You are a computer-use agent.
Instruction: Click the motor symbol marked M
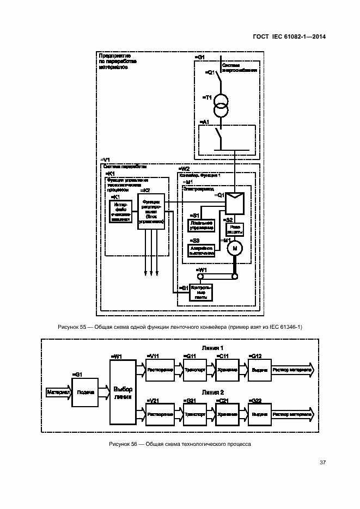point(235,248)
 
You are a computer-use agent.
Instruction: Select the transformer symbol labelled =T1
point(220,105)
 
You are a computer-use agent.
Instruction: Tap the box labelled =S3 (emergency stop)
point(201,250)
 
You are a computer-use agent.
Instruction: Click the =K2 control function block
point(151,212)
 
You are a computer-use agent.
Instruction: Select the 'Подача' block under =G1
point(84,392)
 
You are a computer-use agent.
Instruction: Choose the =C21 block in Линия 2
point(227,414)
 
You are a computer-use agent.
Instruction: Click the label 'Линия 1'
point(213,347)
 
